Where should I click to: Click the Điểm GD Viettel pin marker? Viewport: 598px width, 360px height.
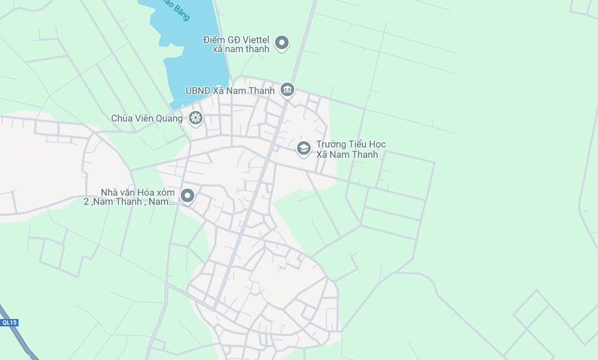(x=282, y=43)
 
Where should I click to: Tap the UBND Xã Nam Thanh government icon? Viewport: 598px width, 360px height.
(x=288, y=90)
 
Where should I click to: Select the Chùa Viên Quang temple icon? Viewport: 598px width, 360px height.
(x=195, y=118)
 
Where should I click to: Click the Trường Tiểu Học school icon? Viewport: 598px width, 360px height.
(x=304, y=148)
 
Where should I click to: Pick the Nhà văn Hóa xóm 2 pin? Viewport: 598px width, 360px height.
(x=187, y=195)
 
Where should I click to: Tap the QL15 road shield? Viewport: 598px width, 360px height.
(x=9, y=323)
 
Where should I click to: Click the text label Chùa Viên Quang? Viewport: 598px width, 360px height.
(x=147, y=119)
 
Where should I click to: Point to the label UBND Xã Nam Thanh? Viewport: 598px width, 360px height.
(x=230, y=91)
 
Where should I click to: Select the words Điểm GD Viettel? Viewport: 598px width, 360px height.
(x=236, y=40)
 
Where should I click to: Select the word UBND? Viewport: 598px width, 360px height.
(x=198, y=91)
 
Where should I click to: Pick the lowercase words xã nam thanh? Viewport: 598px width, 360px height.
(x=240, y=49)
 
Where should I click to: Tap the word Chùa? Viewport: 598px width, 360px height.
(x=122, y=119)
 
